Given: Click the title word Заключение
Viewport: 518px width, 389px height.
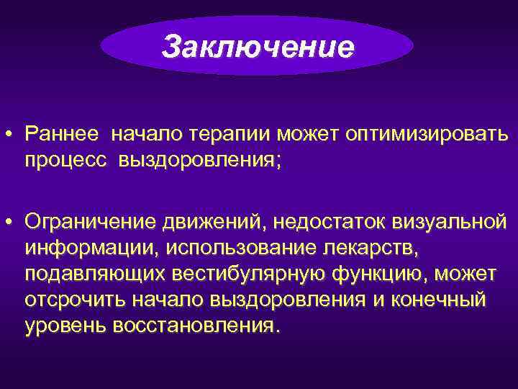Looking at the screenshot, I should [258, 48].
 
